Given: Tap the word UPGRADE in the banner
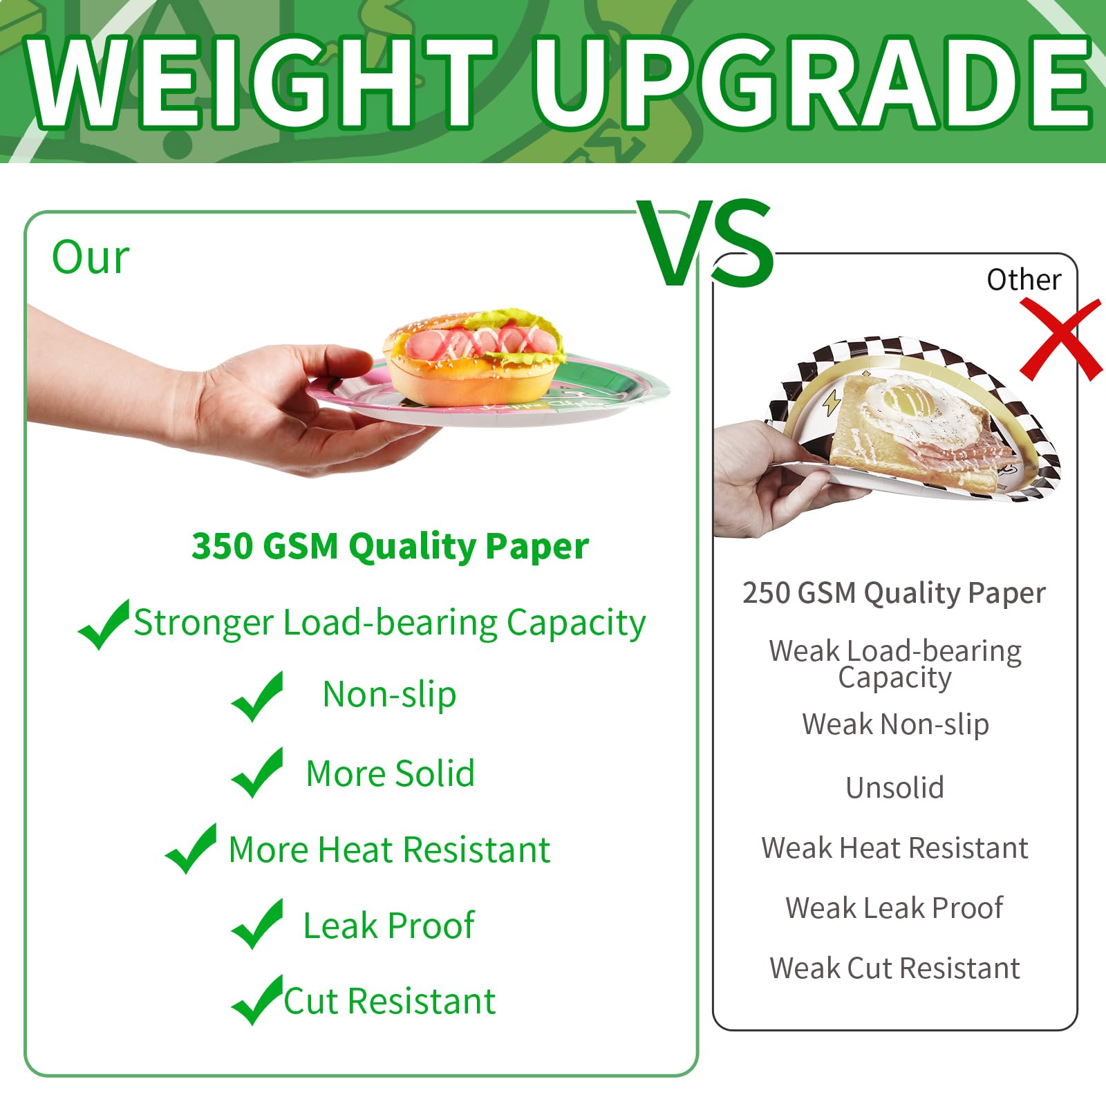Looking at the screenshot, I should point(812,83).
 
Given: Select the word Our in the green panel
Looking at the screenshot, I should point(91,257).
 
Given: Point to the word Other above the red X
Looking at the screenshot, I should point(1023,280).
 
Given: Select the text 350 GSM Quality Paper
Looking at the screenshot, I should point(390,546).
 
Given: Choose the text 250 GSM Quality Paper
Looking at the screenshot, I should point(894,593).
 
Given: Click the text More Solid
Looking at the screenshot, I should point(390,773).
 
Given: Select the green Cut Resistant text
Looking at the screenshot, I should point(390,1001).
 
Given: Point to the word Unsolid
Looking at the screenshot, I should point(894,787).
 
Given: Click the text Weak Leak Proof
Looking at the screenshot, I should point(894,908).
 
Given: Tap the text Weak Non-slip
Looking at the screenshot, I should point(895,724).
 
